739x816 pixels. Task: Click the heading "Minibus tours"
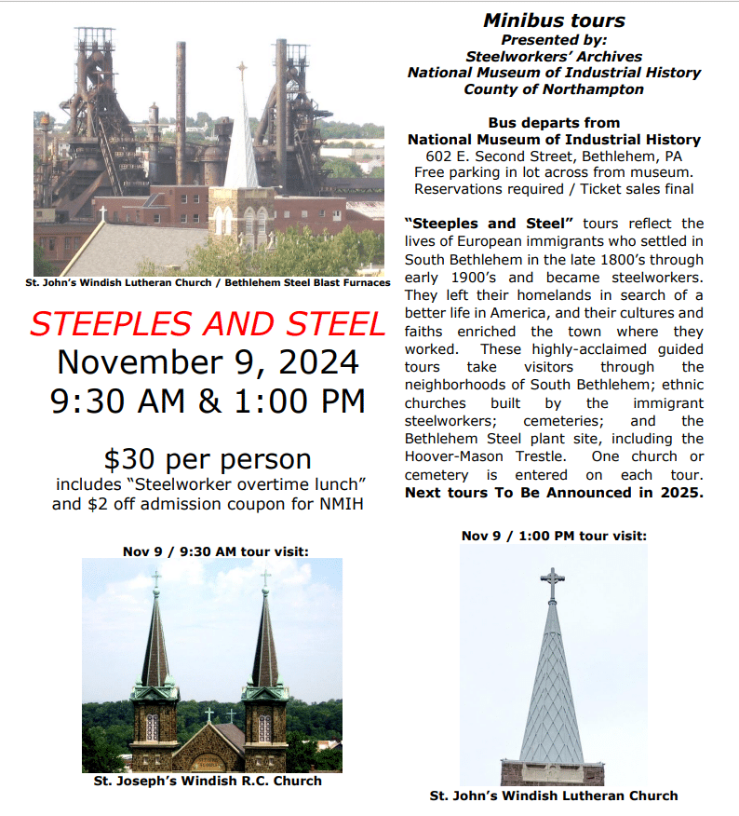[554, 20]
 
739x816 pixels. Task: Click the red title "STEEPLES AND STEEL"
[207, 322]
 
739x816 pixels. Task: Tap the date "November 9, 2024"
[208, 360]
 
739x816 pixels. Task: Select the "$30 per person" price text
[207, 459]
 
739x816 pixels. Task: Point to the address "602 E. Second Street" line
[554, 156]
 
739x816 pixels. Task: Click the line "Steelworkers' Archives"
[554, 56]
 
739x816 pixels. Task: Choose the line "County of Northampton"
[554, 89]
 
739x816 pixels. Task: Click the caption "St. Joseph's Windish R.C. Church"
[208, 781]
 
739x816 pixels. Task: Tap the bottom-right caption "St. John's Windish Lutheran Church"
[554, 796]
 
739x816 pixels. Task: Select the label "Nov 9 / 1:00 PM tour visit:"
[554, 536]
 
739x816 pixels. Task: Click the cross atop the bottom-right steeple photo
[553, 584]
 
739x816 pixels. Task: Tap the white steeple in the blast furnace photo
[242, 140]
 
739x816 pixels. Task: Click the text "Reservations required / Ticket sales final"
[554, 189]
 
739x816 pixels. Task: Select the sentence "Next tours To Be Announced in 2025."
[554, 493]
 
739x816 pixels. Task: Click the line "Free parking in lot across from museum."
[554, 172]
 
